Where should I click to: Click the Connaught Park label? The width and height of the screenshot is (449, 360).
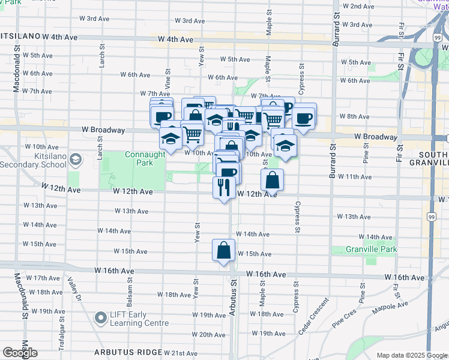pos(145,158)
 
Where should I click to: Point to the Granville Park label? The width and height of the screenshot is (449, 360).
pos(372,249)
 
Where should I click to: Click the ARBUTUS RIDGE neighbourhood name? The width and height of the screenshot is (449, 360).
pos(128,352)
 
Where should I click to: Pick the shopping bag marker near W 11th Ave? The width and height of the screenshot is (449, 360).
pos(272,179)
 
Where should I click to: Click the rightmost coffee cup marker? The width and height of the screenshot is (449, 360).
pos(304,118)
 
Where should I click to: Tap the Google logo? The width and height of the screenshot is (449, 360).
pos(20,353)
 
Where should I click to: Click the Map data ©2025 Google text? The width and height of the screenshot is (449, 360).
pos(412,355)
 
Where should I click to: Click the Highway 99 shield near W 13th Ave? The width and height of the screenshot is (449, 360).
pos(432,216)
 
